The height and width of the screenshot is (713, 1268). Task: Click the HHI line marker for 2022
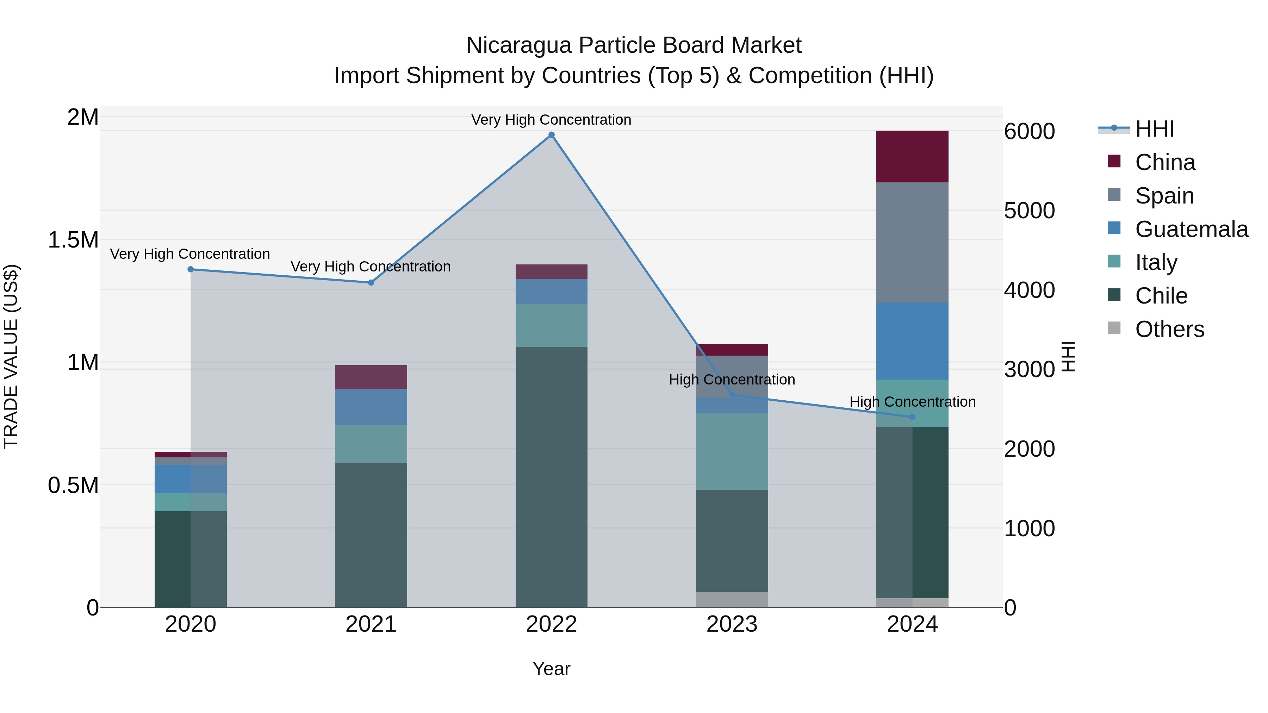tap(551, 135)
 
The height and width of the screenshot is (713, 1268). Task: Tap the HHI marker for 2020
tap(191, 269)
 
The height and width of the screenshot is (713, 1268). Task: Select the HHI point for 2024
tap(912, 417)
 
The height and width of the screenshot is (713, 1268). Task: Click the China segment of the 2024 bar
tap(912, 156)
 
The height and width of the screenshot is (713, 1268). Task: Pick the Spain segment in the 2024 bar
tap(912, 242)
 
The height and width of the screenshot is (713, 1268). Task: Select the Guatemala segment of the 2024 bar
tap(912, 340)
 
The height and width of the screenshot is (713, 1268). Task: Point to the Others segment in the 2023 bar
tap(732, 599)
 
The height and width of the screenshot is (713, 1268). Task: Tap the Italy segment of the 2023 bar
tap(732, 451)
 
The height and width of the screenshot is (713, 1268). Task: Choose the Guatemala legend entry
tap(1191, 229)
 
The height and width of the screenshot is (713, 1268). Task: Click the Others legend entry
tap(1169, 329)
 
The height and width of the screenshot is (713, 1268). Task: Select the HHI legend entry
tap(1154, 129)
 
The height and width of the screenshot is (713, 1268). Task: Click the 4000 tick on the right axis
tap(1029, 290)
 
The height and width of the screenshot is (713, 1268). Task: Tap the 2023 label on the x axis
tap(732, 624)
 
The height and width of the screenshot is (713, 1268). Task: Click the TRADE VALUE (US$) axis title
tap(11, 356)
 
